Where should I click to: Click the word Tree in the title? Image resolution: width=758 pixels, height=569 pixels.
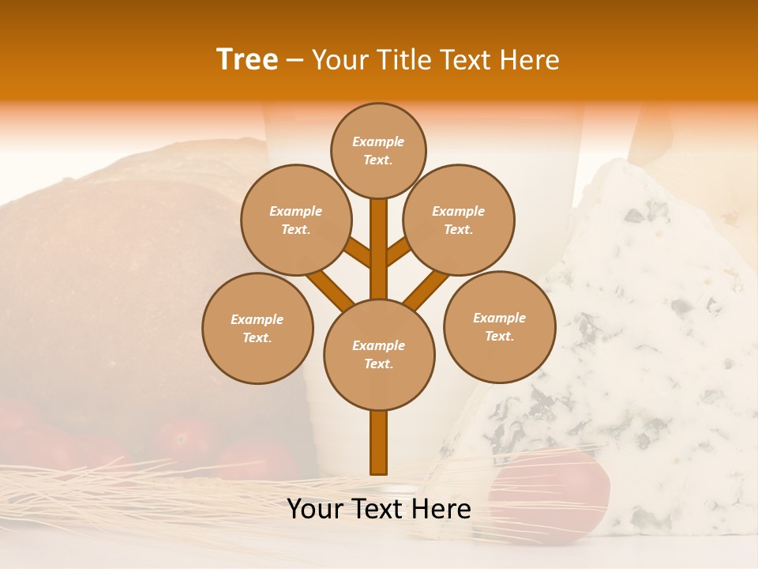click(x=247, y=59)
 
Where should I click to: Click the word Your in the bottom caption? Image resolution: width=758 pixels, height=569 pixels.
click(x=314, y=508)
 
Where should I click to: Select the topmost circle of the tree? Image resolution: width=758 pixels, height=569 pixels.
click(x=378, y=150)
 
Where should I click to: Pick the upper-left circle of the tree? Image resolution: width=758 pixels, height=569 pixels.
click(x=295, y=220)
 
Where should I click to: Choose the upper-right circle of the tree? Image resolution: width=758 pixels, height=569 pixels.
click(x=459, y=220)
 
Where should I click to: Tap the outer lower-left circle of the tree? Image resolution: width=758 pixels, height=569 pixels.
click(x=257, y=328)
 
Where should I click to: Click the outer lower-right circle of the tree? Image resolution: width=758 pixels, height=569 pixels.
click(x=499, y=326)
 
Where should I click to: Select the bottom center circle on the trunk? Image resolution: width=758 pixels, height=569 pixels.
click(x=379, y=355)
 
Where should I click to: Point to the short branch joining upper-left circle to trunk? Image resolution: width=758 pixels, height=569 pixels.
click(x=358, y=253)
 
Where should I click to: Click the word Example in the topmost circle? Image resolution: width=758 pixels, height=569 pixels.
click(x=378, y=141)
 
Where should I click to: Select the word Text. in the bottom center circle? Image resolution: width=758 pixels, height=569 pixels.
click(x=378, y=364)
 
